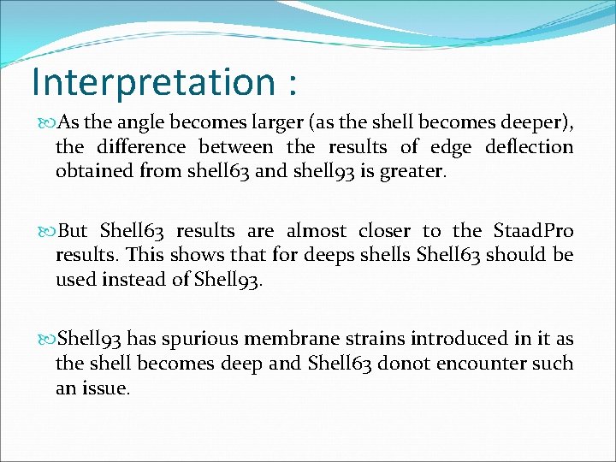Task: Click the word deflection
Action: click(529, 147)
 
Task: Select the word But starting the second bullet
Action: click(74, 231)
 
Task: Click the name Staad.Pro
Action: click(534, 231)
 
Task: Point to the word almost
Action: click(317, 231)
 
